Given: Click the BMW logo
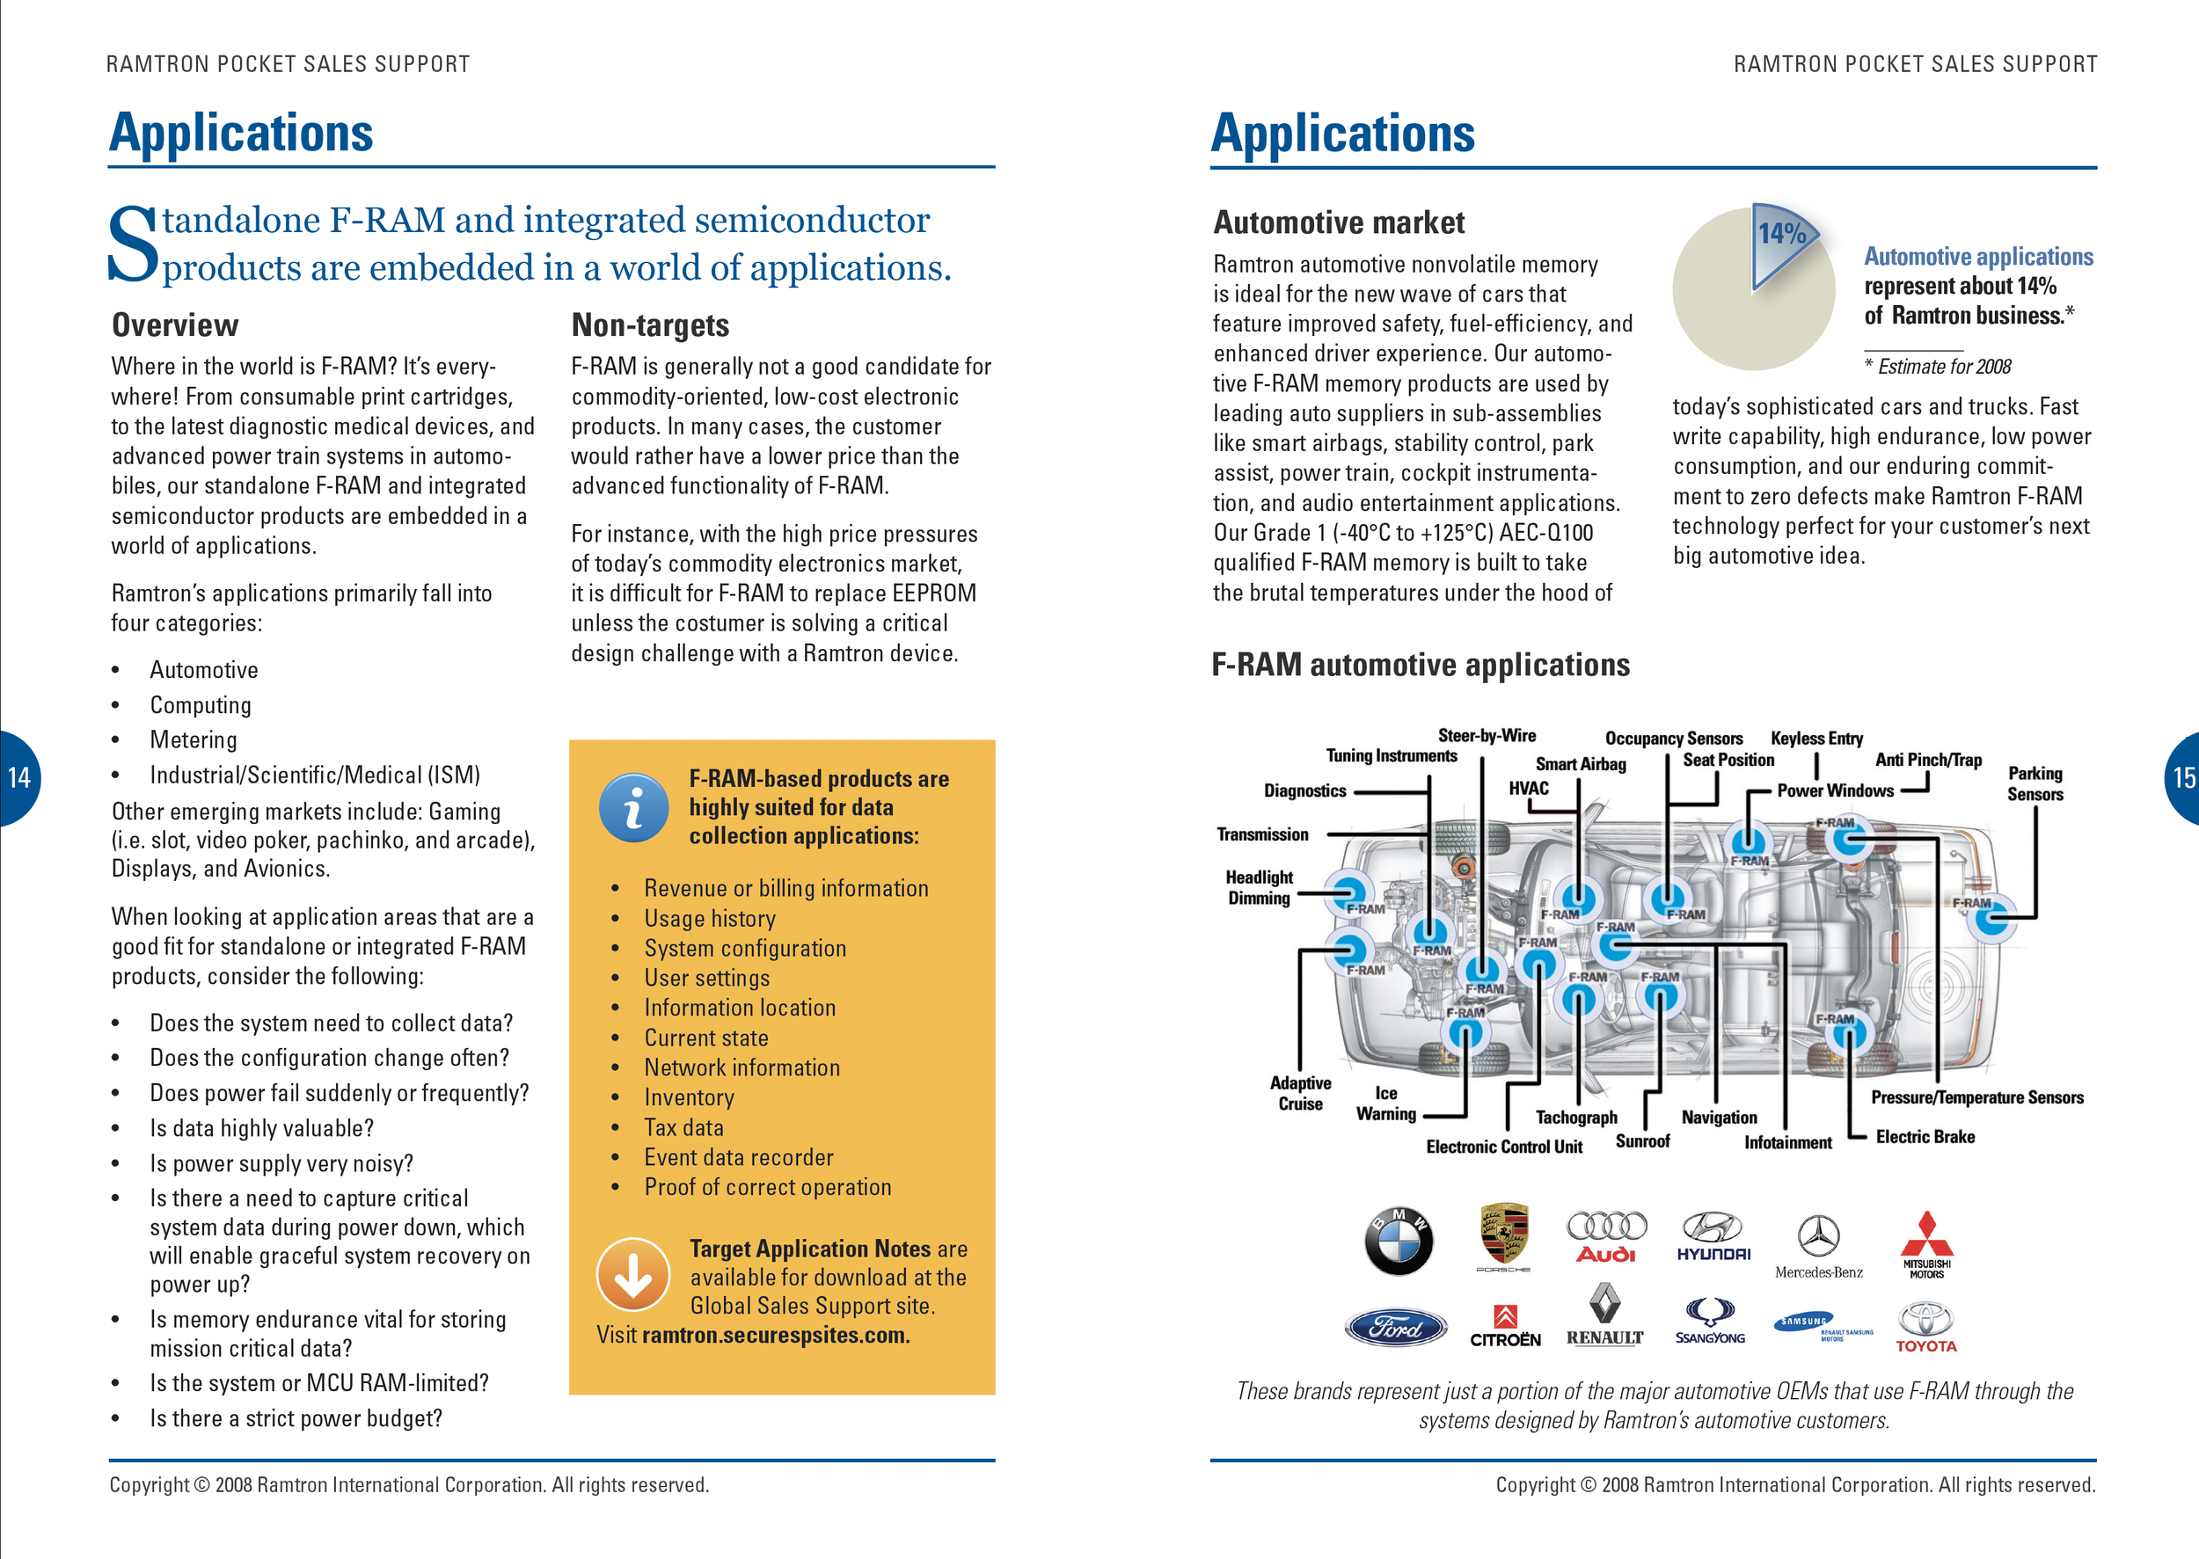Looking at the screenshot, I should (x=1399, y=1241).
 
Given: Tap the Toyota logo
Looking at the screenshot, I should (x=1925, y=1327).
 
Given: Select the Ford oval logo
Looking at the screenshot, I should (x=1395, y=1328).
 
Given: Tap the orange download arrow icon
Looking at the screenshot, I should (x=632, y=1274).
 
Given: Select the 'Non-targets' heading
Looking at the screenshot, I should (x=650, y=325).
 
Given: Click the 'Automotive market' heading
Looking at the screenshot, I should (x=1339, y=222).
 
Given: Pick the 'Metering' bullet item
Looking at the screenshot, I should (x=193, y=740).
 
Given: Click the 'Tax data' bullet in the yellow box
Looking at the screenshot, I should (x=683, y=1127).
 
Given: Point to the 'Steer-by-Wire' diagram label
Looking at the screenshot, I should (x=1487, y=735).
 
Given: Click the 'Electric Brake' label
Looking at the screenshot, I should (x=1925, y=1137).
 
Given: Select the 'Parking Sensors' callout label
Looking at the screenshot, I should (x=2034, y=783).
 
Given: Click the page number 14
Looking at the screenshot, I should (x=19, y=777).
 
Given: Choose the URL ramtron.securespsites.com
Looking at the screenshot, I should (x=776, y=1336).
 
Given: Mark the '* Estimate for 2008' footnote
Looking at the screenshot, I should (x=1937, y=367).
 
